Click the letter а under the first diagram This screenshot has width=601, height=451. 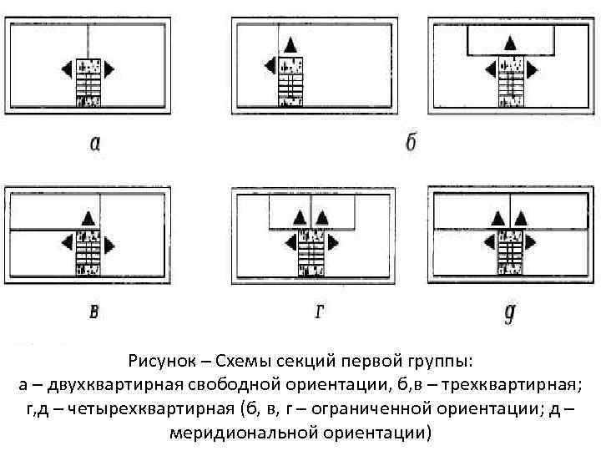96,144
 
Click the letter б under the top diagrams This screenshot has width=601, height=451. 411,142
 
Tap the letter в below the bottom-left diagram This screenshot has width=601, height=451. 94,312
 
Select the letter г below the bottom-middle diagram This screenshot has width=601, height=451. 320,312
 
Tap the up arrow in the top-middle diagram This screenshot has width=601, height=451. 290,45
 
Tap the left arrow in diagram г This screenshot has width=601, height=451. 290,243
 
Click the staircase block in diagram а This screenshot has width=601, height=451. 88,83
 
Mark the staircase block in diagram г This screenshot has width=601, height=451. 311,255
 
